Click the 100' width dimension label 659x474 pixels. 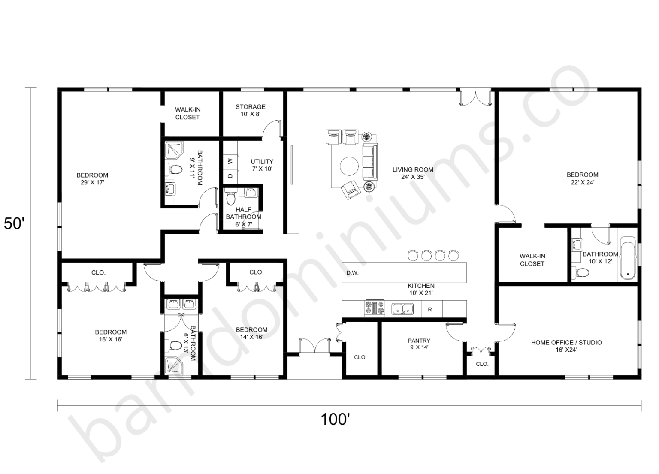335,419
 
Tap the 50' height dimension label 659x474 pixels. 14,223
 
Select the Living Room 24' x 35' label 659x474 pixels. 413,173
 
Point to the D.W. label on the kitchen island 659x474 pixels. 352,273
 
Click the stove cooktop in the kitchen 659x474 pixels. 374,308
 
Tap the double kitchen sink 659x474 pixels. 402,309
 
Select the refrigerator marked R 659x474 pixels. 430,309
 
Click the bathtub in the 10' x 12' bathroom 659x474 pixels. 628,259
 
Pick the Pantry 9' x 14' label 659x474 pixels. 419,344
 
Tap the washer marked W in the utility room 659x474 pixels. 230,161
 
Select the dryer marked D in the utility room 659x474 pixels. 230,176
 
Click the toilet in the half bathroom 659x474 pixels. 231,199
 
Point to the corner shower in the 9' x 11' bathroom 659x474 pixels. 174,150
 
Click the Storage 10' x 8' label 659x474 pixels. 251,110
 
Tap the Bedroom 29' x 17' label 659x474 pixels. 92,178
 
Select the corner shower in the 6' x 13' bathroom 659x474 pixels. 174,365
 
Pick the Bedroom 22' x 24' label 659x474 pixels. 582,178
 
